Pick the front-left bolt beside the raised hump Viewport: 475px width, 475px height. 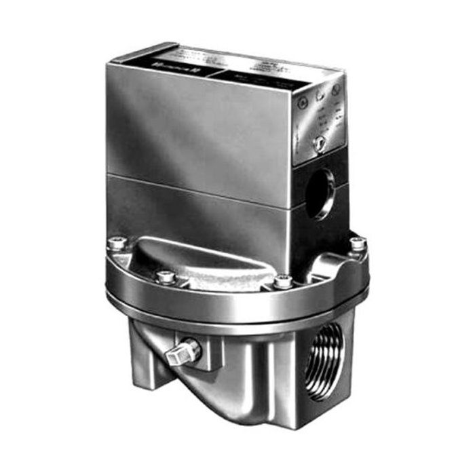tap(164, 276)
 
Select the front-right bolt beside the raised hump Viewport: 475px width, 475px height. tap(283, 280)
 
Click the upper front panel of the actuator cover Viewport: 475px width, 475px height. tap(197, 126)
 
